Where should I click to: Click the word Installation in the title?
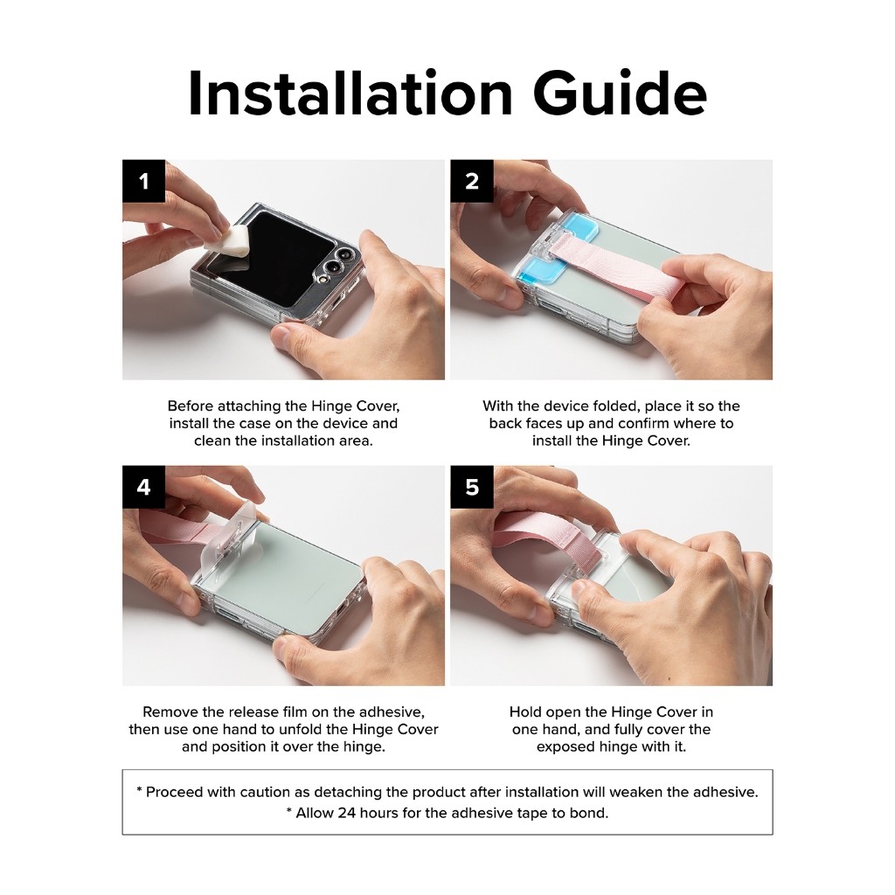(x=350, y=94)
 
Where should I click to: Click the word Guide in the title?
(x=620, y=94)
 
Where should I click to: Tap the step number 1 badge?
(x=144, y=181)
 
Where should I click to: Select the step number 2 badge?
(x=472, y=181)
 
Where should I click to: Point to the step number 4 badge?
(x=144, y=487)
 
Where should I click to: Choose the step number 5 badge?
(x=472, y=487)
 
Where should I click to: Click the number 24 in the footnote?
(x=346, y=813)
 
